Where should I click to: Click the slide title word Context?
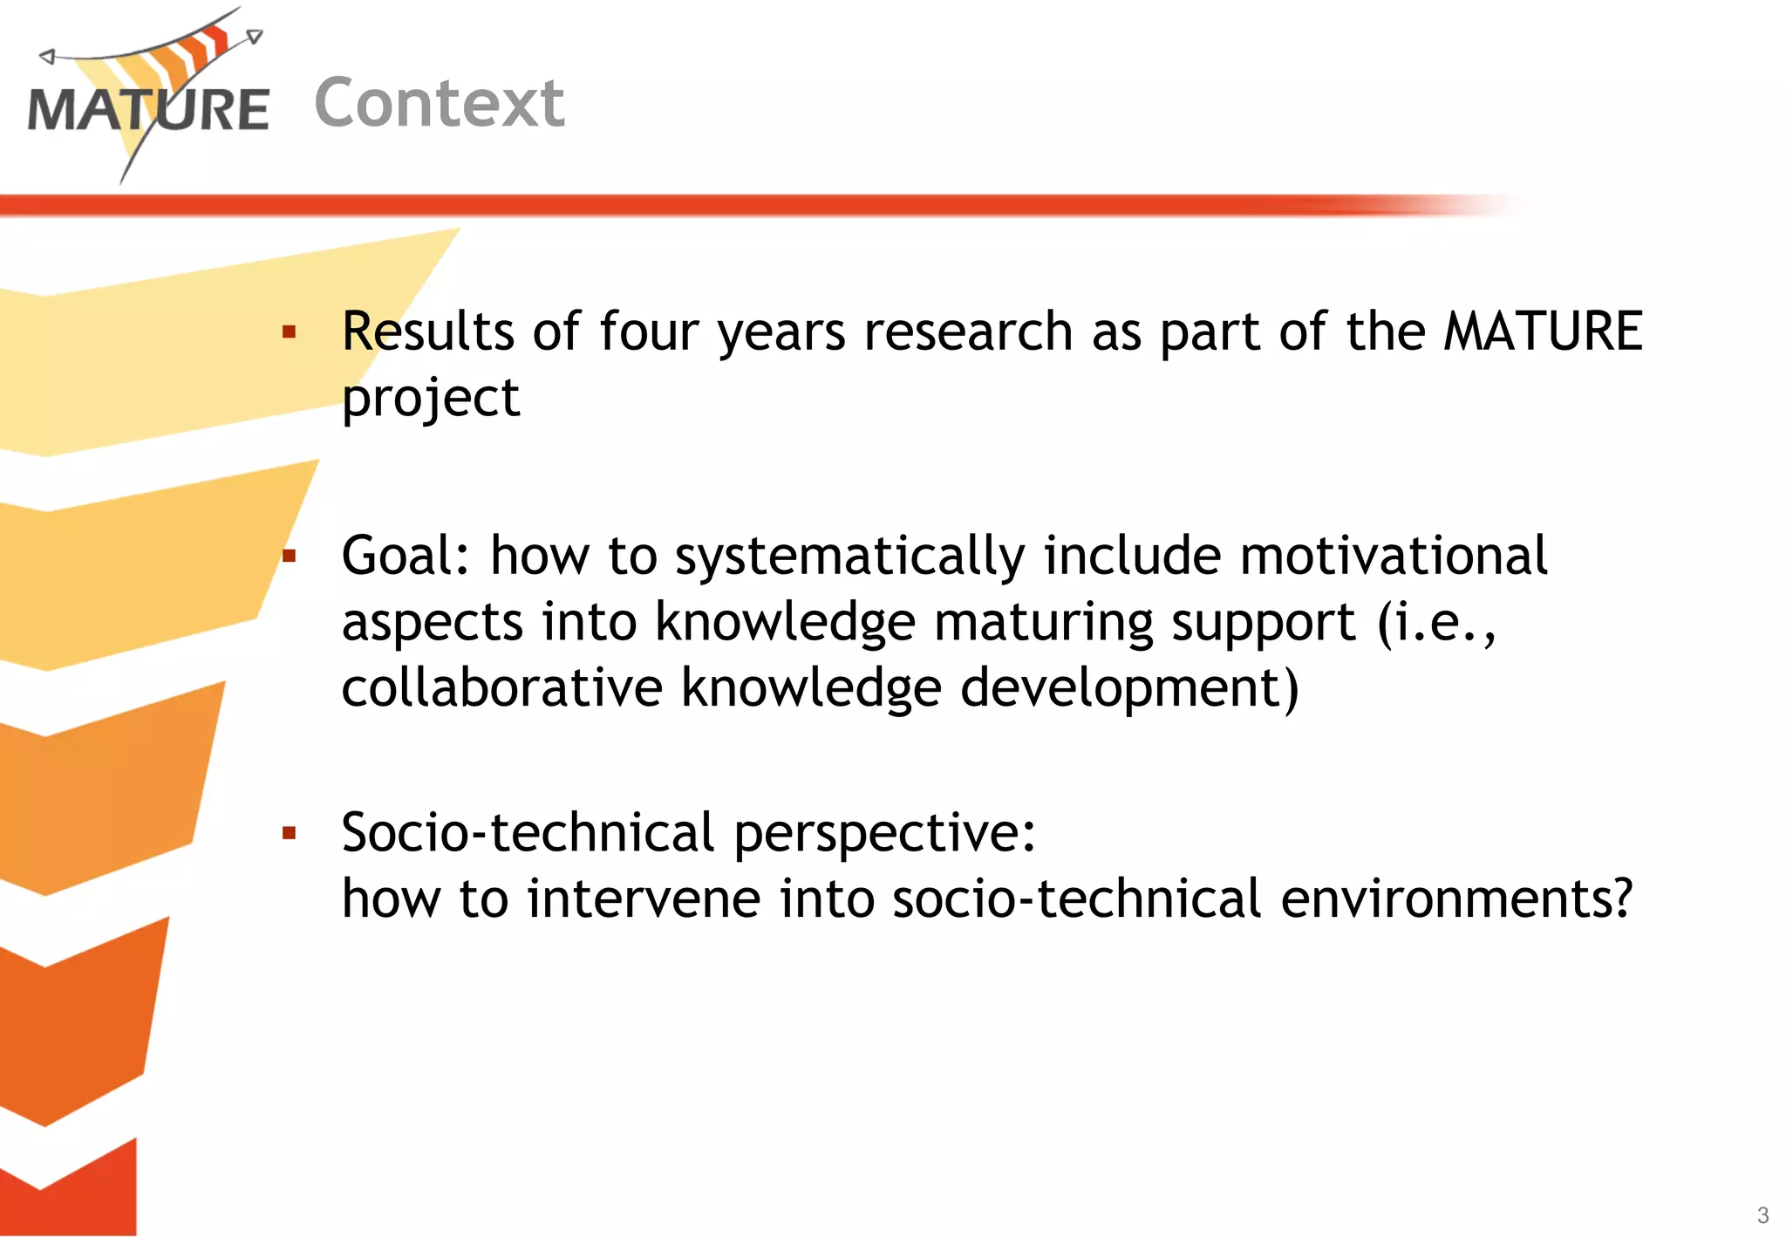(x=440, y=103)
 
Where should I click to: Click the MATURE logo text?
(x=148, y=111)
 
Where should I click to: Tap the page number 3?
(x=1762, y=1215)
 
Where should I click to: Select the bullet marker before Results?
(x=290, y=332)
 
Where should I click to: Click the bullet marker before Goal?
(x=290, y=556)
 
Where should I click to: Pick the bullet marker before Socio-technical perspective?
(x=290, y=833)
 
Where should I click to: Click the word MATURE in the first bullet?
(x=1543, y=331)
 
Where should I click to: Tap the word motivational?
(x=1393, y=556)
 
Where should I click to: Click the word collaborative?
(x=501, y=687)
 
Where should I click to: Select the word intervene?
(x=644, y=899)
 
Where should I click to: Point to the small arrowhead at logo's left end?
(x=47, y=57)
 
